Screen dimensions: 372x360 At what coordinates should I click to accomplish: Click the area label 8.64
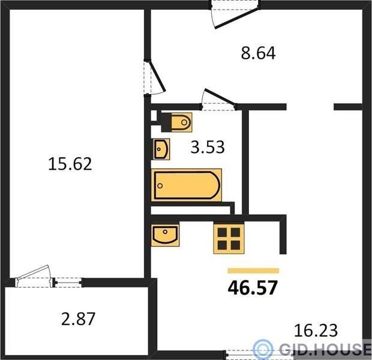point(258,53)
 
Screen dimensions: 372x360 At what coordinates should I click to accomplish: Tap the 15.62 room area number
point(70,164)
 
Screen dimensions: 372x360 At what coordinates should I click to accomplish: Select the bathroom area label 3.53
point(208,147)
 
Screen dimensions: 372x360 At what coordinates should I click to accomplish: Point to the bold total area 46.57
point(253,287)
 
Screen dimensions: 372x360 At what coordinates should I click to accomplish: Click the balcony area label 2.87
point(78,319)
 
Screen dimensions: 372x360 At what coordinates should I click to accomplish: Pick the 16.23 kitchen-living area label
point(316,331)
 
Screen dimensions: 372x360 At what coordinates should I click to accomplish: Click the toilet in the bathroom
point(176,122)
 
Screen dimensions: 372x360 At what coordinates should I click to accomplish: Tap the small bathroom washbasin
point(161,149)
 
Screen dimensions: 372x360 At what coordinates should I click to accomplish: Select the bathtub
point(186,185)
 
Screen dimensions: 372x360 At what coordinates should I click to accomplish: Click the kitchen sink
point(165,235)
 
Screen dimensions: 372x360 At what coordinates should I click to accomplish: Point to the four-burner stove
point(229,239)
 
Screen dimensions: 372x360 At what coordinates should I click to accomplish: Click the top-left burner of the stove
point(222,232)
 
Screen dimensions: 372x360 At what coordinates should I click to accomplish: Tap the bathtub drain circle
point(160,185)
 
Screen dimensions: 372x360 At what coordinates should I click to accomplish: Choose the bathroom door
point(218,99)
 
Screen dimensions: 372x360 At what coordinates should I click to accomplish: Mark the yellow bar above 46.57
point(253,271)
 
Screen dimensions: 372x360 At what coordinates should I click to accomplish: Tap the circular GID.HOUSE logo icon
point(263,348)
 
